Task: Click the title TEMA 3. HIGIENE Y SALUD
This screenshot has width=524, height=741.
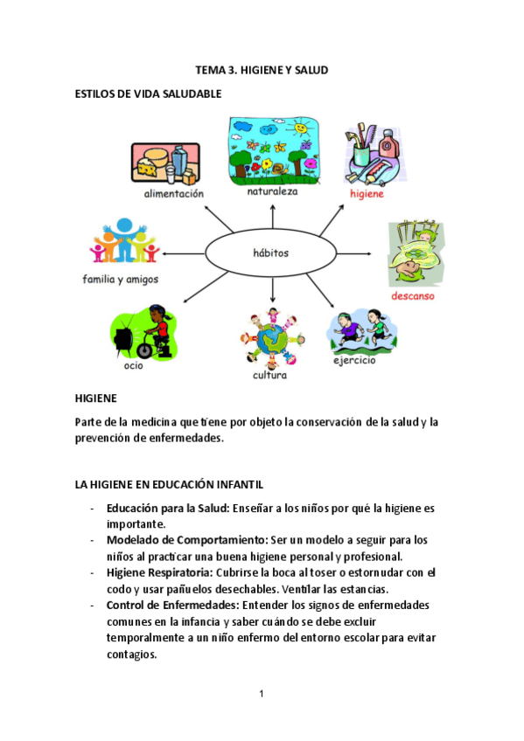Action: (262, 70)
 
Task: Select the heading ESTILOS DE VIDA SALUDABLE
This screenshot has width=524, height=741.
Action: (149, 93)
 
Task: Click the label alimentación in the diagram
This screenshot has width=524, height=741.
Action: (174, 193)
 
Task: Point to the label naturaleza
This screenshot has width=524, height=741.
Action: (272, 190)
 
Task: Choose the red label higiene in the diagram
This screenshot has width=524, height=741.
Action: (367, 194)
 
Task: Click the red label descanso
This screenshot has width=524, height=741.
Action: (414, 295)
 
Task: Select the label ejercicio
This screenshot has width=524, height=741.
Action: (354, 360)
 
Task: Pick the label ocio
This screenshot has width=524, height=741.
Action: (133, 365)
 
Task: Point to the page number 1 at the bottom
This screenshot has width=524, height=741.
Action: (261, 694)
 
